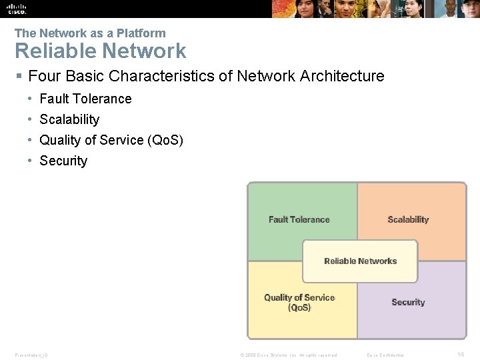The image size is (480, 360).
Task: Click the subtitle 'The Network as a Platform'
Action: [x=90, y=33]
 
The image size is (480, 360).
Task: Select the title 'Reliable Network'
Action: [x=101, y=51]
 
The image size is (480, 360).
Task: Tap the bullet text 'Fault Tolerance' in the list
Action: [x=85, y=99]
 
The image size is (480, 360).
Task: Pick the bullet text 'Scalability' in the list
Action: [x=69, y=119]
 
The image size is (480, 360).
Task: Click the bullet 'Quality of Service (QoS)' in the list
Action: [x=111, y=140]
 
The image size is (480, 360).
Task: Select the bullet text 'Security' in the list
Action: [x=63, y=161]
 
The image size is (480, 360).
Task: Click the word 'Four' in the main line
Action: [x=45, y=76]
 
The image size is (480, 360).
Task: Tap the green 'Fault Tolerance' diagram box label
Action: [x=299, y=219]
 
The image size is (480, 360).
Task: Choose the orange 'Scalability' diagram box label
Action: [x=408, y=219]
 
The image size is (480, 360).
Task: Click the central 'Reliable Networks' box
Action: [x=360, y=261]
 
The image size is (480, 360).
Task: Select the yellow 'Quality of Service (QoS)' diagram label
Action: [x=299, y=303]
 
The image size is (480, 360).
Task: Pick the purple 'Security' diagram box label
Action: [x=408, y=302]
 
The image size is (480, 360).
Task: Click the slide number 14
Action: [x=461, y=354]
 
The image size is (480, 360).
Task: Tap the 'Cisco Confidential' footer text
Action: [x=385, y=355]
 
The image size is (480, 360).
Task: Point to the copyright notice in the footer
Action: [x=288, y=355]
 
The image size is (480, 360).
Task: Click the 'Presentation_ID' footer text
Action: [x=31, y=355]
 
